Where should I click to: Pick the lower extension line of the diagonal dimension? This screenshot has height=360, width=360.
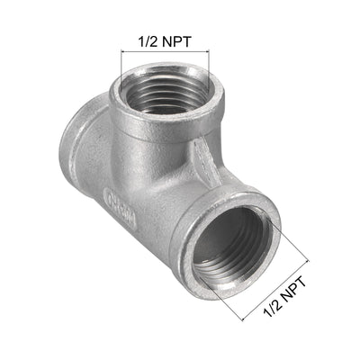[x=234, y=310]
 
